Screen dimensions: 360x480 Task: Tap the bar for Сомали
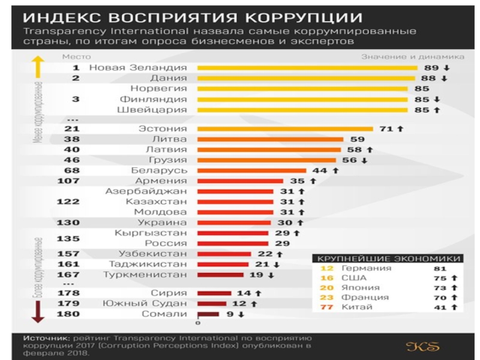(208, 314)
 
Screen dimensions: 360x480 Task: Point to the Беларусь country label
(159, 170)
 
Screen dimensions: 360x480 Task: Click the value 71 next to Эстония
(386, 128)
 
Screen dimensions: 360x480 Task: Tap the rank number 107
(68, 181)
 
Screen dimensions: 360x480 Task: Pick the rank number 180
(68, 314)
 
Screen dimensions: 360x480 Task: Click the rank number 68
(71, 170)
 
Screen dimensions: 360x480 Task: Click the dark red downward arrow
(37, 310)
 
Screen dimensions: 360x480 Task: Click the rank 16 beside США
(327, 278)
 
